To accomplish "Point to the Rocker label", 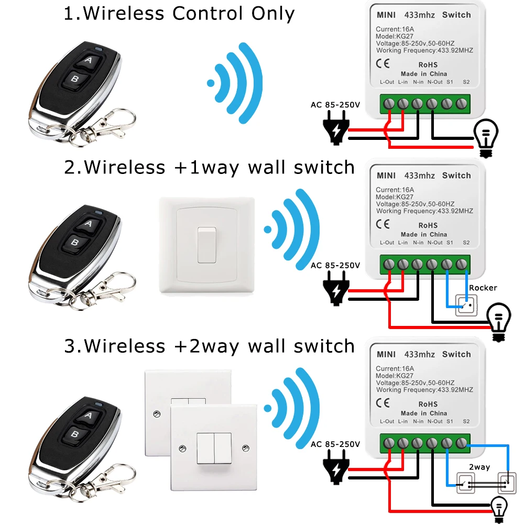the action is [483, 288].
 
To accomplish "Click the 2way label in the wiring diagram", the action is [479, 467].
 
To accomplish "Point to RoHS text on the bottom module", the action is [428, 404].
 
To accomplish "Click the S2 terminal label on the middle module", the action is [467, 243].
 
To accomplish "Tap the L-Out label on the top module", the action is [387, 82].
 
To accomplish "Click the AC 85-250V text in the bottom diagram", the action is [336, 444].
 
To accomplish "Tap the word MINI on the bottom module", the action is [386, 354].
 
